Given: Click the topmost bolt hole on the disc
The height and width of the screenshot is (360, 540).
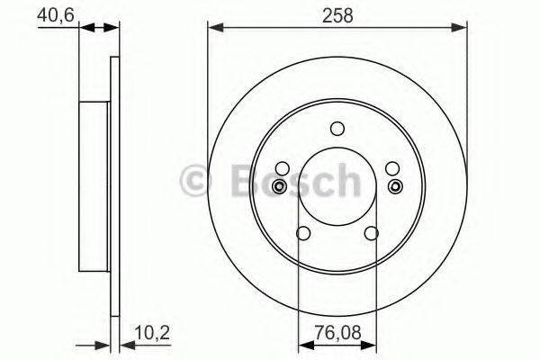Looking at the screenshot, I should [337, 128].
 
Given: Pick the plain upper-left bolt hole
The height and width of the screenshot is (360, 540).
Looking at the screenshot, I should [283, 167].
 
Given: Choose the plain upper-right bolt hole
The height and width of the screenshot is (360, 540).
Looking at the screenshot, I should [391, 167].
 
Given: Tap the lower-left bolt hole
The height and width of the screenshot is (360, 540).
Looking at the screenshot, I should [303, 234].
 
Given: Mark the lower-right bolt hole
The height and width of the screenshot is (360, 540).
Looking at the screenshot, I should [371, 234].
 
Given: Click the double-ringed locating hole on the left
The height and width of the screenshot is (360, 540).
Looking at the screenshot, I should [279, 186].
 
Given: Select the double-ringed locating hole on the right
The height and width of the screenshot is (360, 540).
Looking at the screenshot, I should [395, 186].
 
